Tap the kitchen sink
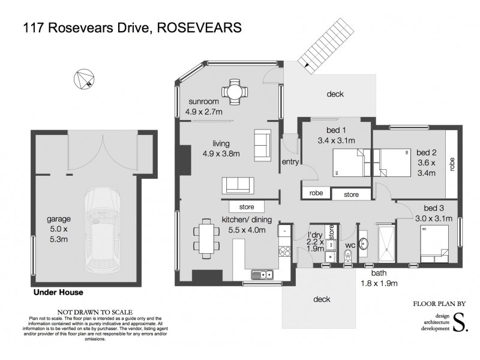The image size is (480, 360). (x=262, y=275)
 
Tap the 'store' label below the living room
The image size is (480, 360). (x=247, y=207)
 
